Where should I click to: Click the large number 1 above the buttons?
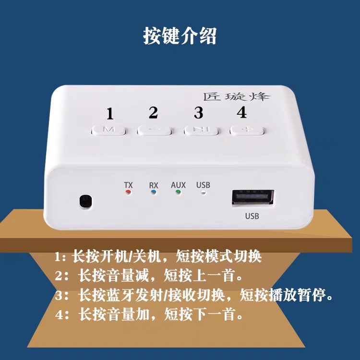[110, 114]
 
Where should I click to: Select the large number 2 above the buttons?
[153, 113]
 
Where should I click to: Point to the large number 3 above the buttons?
[198, 113]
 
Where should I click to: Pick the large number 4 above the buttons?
[241, 112]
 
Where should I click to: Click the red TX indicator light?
[128, 192]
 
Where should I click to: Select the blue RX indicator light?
[154, 192]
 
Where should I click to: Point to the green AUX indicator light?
[178, 192]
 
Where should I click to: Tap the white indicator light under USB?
[203, 192]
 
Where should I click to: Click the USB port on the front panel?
[253, 198]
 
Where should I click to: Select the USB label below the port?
[252, 216]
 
